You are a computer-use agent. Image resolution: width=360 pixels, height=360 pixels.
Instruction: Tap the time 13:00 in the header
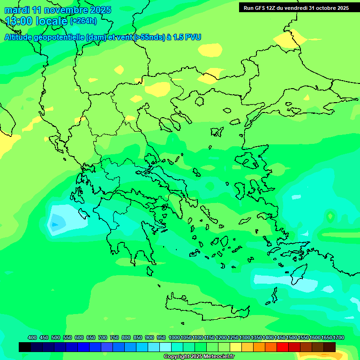click(x=20, y=21)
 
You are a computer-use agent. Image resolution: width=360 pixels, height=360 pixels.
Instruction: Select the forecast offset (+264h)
click(x=83, y=21)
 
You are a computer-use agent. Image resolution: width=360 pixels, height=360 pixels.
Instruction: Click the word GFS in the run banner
click(x=261, y=8)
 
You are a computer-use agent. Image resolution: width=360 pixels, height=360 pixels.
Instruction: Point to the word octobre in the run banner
click(x=322, y=8)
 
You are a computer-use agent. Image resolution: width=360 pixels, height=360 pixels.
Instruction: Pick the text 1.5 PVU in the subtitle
click(x=187, y=37)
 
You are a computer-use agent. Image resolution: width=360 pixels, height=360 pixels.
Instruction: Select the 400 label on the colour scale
click(x=32, y=338)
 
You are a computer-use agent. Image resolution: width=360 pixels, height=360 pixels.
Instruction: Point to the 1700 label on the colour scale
click(x=338, y=338)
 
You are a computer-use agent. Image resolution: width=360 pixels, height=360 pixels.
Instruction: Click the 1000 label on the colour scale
click(x=174, y=338)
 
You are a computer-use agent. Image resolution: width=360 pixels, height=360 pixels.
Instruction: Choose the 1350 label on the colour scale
click(x=256, y=338)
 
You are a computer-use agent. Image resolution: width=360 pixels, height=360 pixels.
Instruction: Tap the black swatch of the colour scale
click(x=25, y=347)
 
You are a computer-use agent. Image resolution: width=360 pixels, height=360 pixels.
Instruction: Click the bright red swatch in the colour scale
click(x=283, y=347)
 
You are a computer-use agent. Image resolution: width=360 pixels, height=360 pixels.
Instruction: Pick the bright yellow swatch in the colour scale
click(x=236, y=347)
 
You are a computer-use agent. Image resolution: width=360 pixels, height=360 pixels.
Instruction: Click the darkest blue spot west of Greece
click(x=55, y=225)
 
